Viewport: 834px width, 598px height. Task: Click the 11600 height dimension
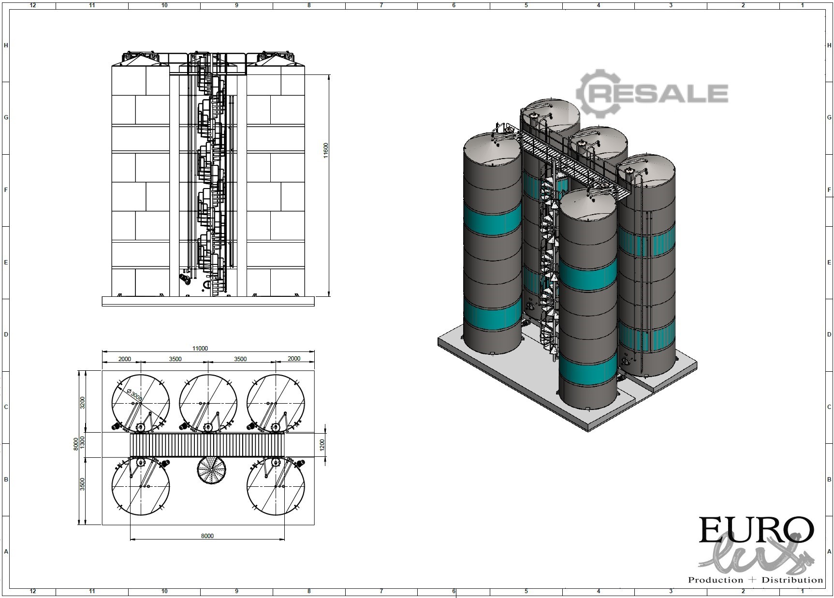[326, 150]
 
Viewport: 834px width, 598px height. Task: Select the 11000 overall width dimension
[200, 348]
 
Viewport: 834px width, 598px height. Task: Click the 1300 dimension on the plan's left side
[82, 441]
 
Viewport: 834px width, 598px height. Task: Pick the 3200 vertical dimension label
[82, 402]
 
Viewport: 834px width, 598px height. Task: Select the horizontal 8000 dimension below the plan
[207, 536]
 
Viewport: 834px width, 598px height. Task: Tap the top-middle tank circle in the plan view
[208, 403]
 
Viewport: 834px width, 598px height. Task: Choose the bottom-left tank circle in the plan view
[140, 486]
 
